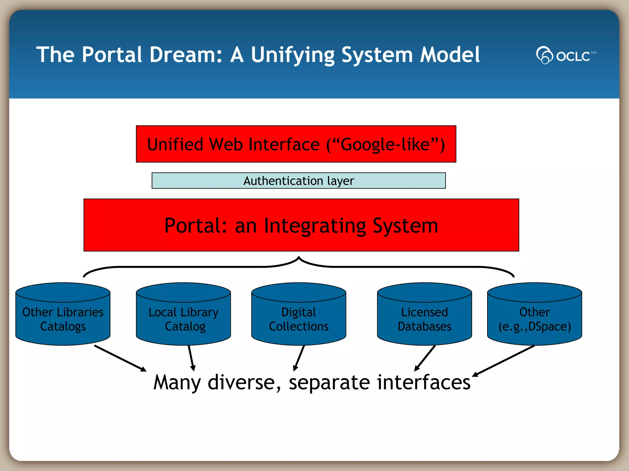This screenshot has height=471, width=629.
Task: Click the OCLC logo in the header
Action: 566,55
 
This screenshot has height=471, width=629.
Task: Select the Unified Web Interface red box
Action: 296,144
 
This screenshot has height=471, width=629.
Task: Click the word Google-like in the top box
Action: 385,144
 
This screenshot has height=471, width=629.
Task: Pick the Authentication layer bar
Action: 298,181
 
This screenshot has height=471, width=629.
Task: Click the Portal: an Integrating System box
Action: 301,225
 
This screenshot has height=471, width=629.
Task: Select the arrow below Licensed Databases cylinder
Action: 425,358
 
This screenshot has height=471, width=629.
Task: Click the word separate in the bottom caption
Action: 329,383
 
